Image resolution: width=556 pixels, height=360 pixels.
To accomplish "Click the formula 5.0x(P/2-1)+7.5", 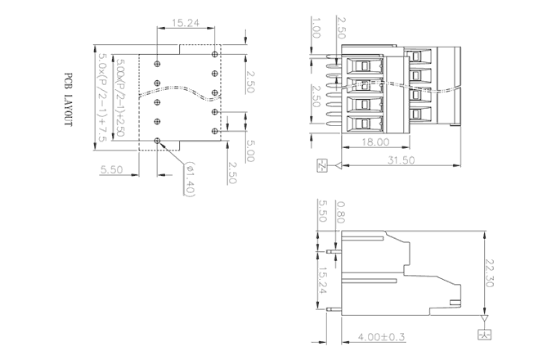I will pos(101,96).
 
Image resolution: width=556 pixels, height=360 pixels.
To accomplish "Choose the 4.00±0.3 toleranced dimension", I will pos(382,336).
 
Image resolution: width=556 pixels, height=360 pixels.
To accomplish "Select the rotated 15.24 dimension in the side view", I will pos(323,281).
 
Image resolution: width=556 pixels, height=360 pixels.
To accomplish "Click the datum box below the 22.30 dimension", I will pos(484,335).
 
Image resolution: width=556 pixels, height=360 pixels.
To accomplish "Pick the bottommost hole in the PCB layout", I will pos(157,140).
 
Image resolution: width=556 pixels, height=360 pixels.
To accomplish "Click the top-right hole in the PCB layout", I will pos(214,54).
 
